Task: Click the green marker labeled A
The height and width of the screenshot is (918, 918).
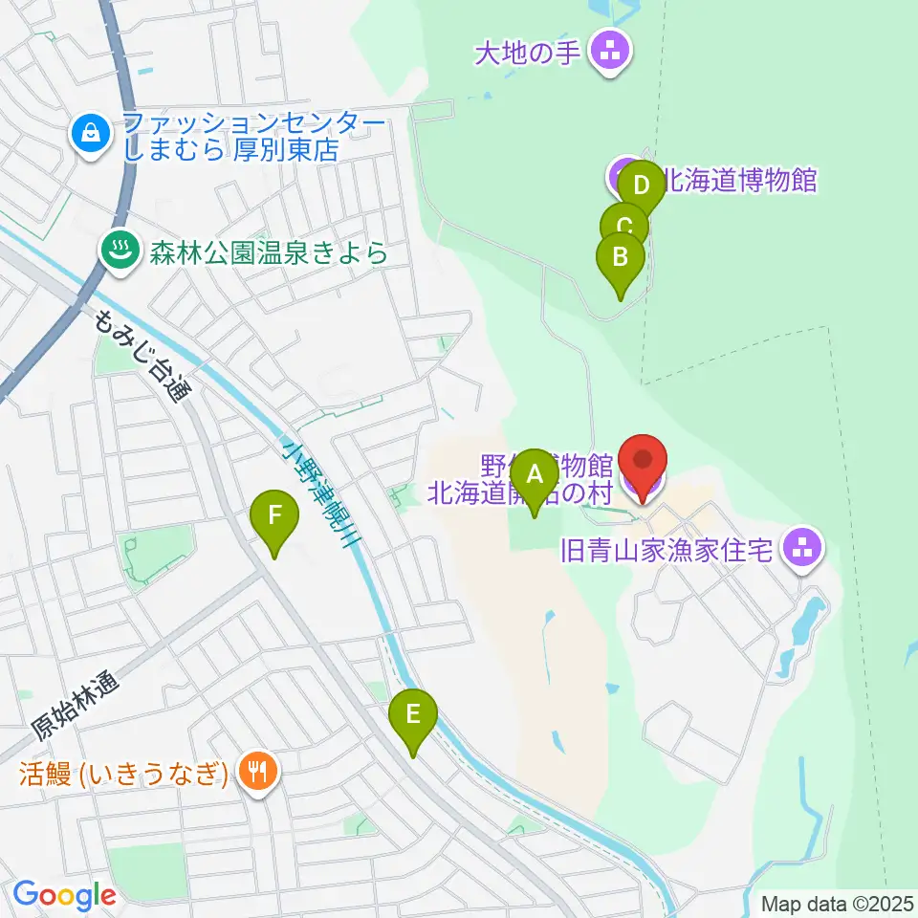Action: coord(534,474)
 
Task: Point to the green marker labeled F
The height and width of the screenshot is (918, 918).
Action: coord(274,516)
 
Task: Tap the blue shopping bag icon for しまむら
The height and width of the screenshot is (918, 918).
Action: coord(90,135)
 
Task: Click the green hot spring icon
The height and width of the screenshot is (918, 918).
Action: coord(120,252)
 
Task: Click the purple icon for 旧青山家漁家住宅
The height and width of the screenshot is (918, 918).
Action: coord(801,549)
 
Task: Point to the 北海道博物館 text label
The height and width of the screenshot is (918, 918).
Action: coord(740,180)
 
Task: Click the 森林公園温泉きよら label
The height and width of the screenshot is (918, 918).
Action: coord(267,253)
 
